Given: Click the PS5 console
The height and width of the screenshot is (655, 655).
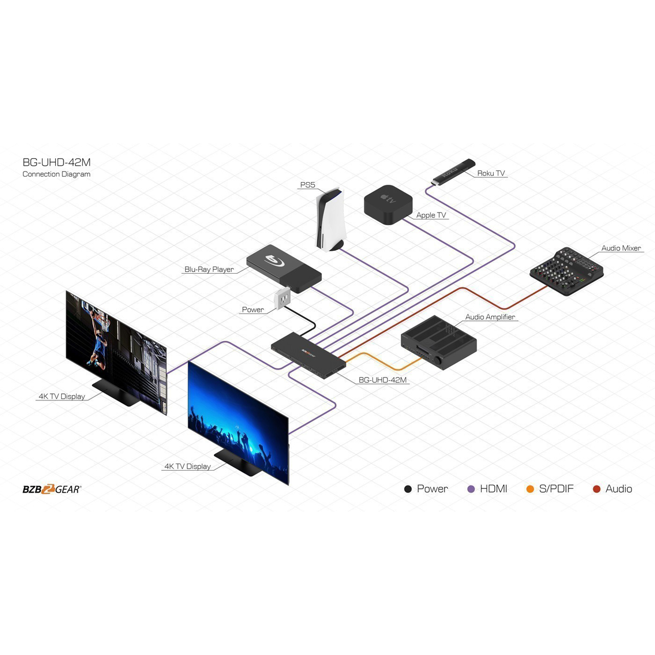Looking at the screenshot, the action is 330,221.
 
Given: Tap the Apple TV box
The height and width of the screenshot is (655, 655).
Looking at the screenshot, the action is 388,204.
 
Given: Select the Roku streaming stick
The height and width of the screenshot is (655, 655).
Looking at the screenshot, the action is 453,172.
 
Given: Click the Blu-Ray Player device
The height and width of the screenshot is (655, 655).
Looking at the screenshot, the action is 284,269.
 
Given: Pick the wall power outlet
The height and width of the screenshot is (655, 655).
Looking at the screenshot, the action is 282,298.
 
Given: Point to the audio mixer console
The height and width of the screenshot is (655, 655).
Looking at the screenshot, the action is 566,271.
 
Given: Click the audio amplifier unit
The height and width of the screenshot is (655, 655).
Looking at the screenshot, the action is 439,342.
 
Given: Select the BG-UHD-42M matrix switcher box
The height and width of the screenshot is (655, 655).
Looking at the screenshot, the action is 308,355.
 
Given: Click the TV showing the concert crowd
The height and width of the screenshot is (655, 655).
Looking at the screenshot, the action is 238,423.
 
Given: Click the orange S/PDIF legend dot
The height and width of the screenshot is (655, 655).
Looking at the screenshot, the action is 530,489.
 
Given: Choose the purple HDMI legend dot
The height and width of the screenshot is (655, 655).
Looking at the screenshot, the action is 471,489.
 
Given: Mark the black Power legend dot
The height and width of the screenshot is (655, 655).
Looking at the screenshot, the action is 408,489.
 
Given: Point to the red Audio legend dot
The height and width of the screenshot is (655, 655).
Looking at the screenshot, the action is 597,489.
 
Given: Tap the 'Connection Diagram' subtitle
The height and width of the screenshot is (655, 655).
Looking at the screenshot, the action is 56,174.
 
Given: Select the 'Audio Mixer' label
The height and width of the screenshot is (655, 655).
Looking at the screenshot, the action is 621,248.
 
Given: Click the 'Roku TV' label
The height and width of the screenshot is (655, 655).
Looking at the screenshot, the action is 491,173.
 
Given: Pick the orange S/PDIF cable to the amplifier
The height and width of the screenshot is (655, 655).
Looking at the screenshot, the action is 384,362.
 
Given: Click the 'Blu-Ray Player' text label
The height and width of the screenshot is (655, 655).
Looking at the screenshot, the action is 209,269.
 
